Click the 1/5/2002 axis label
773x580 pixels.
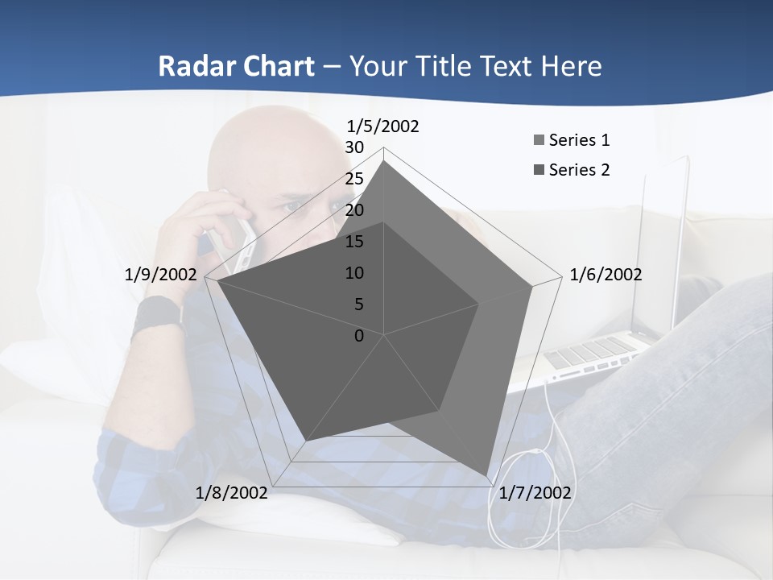382,126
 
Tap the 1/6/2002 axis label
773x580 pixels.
606,275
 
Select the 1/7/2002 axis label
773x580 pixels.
535,493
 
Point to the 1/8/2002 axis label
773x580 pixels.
231,493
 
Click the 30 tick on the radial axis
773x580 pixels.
354,147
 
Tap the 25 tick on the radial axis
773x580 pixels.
354,179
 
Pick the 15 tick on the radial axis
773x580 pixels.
354,242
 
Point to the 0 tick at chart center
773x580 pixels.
359,336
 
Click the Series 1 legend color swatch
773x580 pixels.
539,141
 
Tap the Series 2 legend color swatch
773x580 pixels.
539,170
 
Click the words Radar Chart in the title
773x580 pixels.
236,66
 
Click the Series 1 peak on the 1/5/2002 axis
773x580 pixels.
384,161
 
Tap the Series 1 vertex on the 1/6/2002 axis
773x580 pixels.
532,286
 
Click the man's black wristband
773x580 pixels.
155,315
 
